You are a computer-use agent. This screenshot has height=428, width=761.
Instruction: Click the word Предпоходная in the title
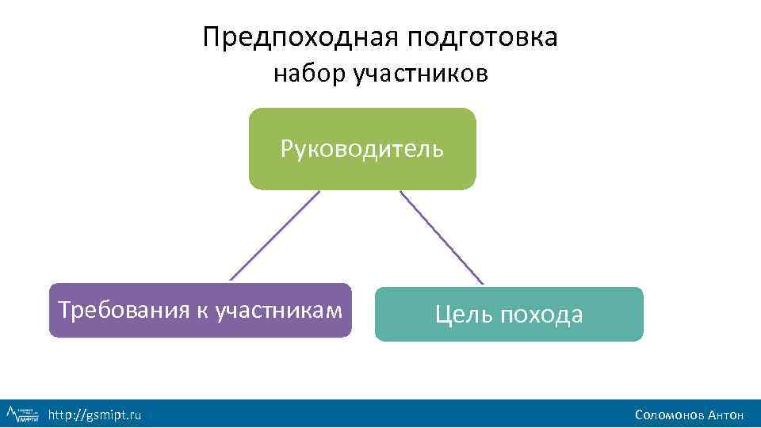(x=300, y=37)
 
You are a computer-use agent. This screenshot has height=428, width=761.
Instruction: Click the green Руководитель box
(x=362, y=170)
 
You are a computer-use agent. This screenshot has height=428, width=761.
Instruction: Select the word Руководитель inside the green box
(x=362, y=149)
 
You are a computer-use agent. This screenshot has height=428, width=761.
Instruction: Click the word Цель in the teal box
(x=463, y=315)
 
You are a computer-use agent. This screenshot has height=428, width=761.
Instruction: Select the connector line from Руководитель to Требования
(x=274, y=235)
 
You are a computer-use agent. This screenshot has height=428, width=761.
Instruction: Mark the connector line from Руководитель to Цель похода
(x=442, y=237)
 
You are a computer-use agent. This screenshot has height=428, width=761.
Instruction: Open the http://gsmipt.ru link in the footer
(x=94, y=415)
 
